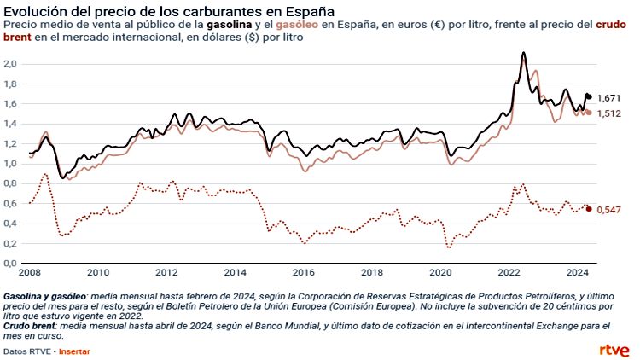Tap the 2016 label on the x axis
(304, 273)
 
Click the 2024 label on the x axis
(578, 273)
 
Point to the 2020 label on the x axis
(440, 273)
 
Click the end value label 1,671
(609, 98)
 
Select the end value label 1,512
(609, 113)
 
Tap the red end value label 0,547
(609, 210)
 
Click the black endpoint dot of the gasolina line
(588, 96)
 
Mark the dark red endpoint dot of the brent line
(588, 209)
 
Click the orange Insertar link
(73, 351)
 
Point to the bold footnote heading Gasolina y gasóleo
(42, 293)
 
